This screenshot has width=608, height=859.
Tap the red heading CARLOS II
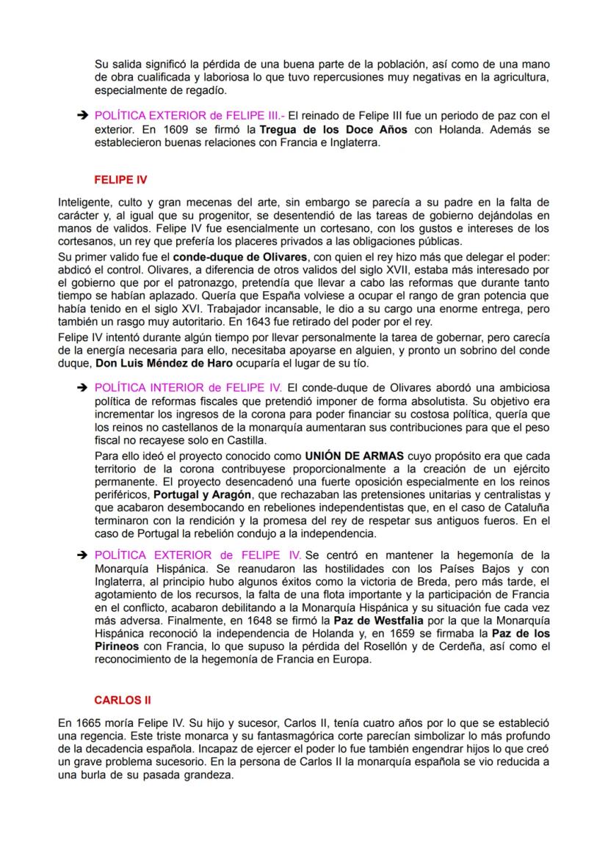tap(122, 700)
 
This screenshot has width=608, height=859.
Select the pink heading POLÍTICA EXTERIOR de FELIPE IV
tap(198, 555)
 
